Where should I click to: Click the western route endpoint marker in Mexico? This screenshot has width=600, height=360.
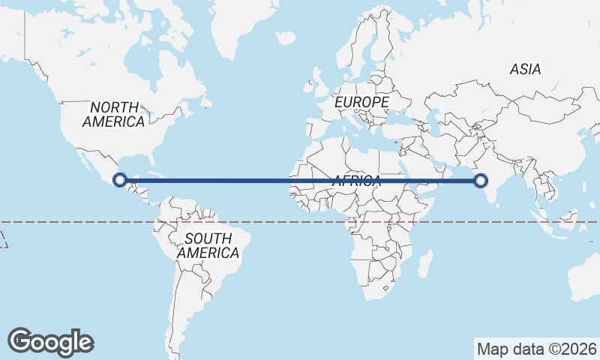(119, 179)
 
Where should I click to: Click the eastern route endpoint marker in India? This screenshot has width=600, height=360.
(481, 180)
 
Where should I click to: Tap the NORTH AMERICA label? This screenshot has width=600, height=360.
(114, 114)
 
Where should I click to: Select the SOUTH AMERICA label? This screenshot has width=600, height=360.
(208, 246)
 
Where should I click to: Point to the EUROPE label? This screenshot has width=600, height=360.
(362, 101)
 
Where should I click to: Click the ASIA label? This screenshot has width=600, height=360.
(525, 69)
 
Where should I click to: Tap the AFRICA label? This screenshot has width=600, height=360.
(357, 181)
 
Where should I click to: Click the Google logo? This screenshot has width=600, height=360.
(51, 342)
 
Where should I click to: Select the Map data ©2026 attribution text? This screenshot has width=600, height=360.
(536, 349)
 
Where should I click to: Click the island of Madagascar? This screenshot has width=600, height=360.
(424, 263)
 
